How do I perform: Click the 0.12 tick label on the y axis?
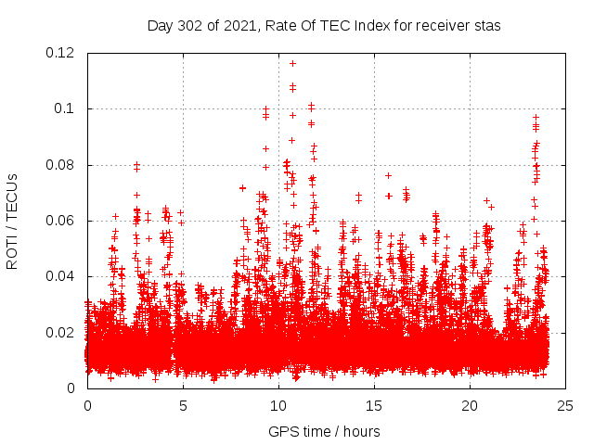63,53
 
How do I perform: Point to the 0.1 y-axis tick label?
67,108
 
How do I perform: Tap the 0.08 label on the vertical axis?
63,165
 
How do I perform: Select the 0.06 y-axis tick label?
63,221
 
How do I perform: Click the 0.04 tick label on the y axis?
63,276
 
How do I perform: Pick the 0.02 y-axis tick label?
63,332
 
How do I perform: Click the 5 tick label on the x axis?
183,406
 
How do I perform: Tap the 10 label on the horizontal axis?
278,406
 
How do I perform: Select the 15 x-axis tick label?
374,406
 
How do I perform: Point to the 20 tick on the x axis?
470,406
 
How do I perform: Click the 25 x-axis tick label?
565,406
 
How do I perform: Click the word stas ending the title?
487,26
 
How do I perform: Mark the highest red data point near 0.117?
292,63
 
